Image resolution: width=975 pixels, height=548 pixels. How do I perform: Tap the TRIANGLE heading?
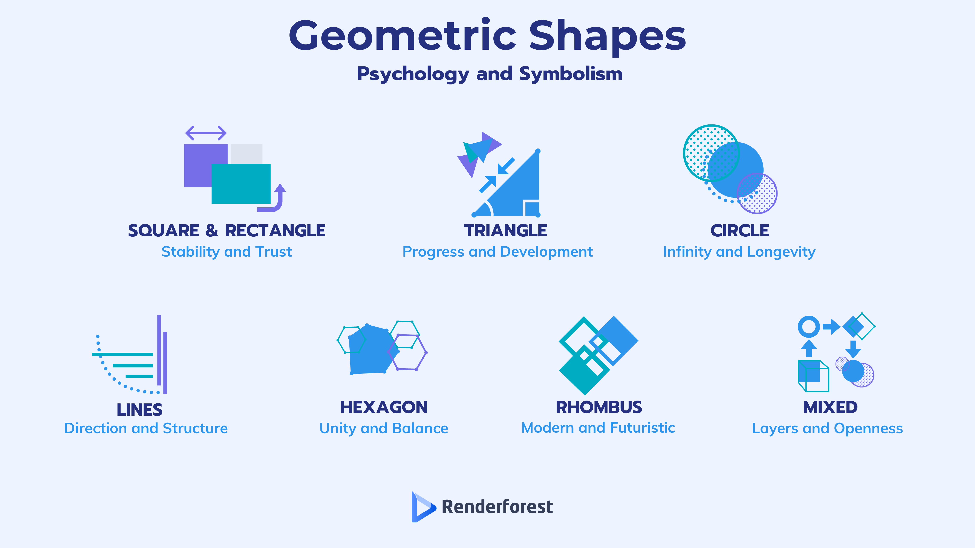[x=506, y=230]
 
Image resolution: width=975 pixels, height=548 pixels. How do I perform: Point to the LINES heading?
[x=140, y=409]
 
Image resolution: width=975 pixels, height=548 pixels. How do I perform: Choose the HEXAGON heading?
[x=384, y=407]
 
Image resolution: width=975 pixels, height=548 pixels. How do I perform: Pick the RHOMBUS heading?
[x=599, y=407]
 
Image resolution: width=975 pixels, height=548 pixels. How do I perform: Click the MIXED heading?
[x=830, y=407]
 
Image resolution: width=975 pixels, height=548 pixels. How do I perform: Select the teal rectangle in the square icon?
[x=241, y=184]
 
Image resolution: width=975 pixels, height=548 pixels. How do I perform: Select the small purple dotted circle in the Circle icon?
[x=757, y=193]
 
